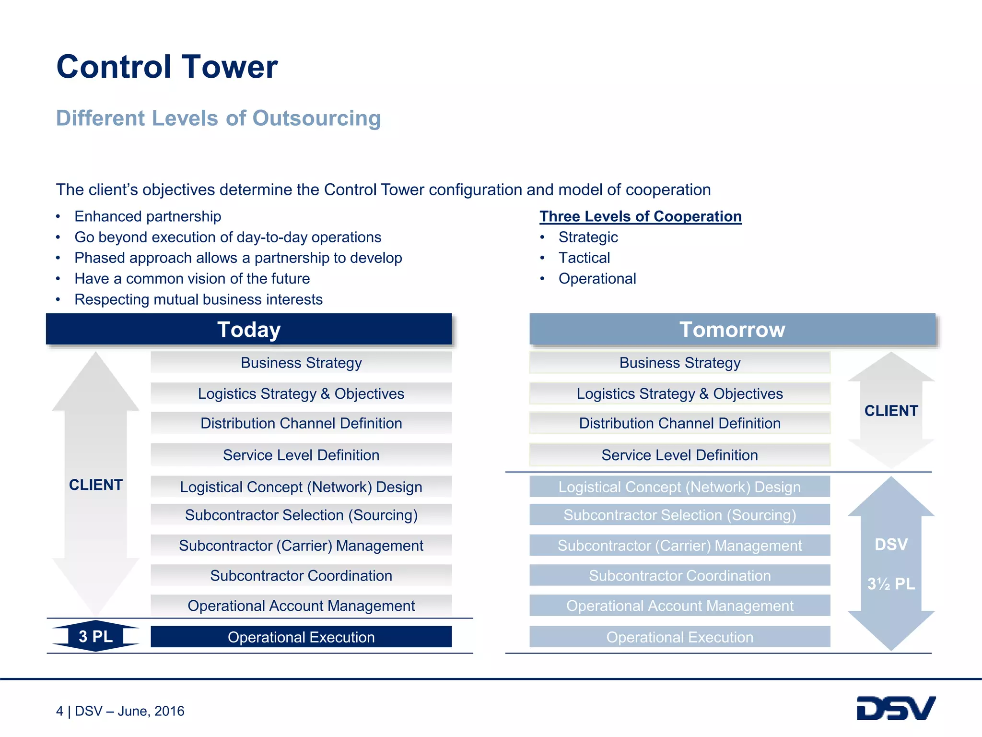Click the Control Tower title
tap(167, 67)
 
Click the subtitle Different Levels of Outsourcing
tap(218, 118)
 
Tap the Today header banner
tap(248, 330)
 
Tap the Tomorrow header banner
tap(732, 330)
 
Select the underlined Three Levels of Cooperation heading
tap(640, 216)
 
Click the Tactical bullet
tap(584, 258)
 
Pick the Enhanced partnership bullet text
tap(148, 216)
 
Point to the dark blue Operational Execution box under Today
tap(301, 637)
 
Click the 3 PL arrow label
tap(95, 636)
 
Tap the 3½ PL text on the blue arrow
tap(891, 583)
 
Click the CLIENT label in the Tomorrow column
tap(891, 411)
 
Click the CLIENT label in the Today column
tap(95, 485)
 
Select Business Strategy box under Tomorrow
tap(679, 363)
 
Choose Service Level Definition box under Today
tap(301, 455)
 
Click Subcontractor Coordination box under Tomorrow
tap(679, 575)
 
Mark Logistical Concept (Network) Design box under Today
tap(301, 487)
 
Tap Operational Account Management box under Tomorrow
tap(679, 606)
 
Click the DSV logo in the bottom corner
tap(895, 708)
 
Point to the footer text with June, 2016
tap(120, 711)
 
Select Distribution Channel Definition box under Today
tap(301, 423)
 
